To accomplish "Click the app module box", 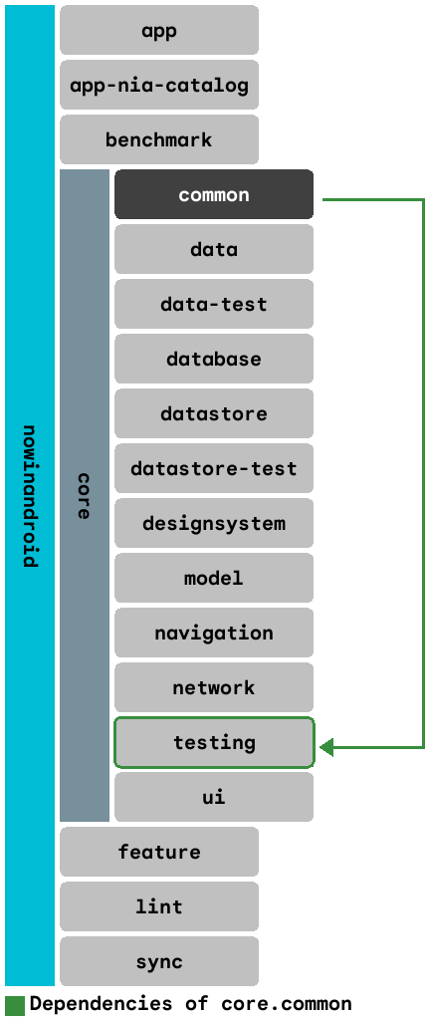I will (159, 30).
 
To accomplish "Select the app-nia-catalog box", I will (159, 85).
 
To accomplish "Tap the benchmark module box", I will (159, 139).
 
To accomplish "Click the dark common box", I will (214, 194).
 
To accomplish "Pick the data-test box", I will (214, 304).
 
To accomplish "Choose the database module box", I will (214, 359).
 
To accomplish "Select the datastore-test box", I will (214, 468).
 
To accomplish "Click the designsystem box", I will (214, 523).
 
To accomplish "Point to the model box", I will (214, 578).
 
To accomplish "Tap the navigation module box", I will (214, 633).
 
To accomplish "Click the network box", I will (214, 687).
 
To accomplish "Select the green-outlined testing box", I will (214, 742).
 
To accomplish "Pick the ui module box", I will (214, 797).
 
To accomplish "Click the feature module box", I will (159, 852).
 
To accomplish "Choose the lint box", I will (159, 906).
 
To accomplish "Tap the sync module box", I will (159, 961).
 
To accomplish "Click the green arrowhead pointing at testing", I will (326, 747).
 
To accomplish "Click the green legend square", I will (15, 1004).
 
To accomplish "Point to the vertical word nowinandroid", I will (30, 495).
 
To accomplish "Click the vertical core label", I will (85, 495).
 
